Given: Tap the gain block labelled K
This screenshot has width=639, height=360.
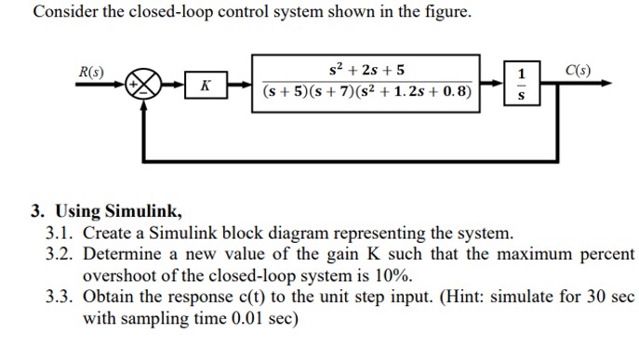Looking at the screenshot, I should pyautogui.click(x=205, y=87).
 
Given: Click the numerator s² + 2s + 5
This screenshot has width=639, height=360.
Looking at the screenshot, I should pyautogui.click(x=366, y=70).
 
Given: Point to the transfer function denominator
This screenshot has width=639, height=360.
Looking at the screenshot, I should pyautogui.click(x=366, y=93).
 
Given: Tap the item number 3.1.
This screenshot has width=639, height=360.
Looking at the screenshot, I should pyautogui.click(x=60, y=233).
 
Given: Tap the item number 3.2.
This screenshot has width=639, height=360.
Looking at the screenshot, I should pyautogui.click(x=60, y=254).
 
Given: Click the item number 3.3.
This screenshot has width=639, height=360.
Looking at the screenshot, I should pyautogui.click(x=60, y=297).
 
